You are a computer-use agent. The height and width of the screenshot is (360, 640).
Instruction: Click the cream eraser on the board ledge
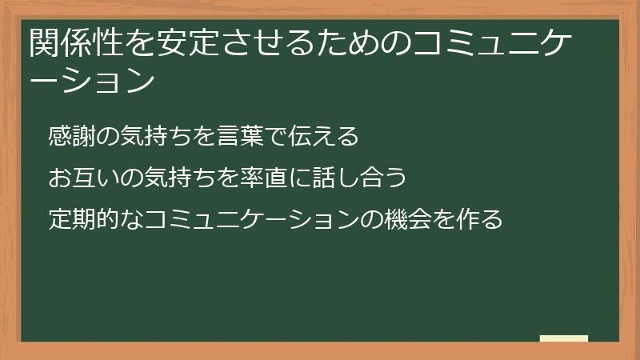(x=564, y=338)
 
